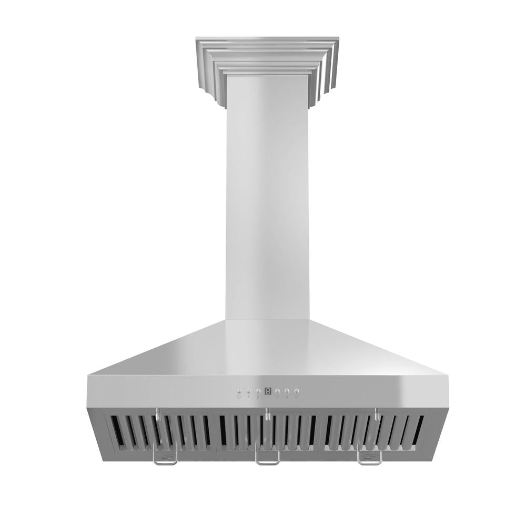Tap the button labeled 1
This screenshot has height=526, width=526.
coord(249,391)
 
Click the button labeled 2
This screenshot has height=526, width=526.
coord(258,391)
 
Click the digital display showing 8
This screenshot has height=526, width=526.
coord(268,391)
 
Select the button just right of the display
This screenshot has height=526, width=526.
coord(277,391)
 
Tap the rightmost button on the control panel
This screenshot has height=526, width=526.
coord(297,391)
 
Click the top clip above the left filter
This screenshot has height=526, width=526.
coord(157,414)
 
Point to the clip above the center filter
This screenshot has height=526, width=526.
coord(267,414)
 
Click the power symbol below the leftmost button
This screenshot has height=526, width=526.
coord(239,398)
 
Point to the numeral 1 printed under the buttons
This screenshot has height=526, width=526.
coord(249,398)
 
